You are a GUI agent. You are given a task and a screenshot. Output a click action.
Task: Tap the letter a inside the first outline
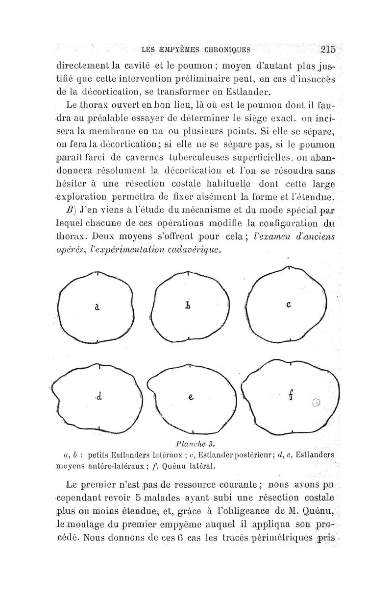click(x=97, y=307)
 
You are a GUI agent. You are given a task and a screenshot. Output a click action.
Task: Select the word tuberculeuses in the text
click(x=195, y=158)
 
